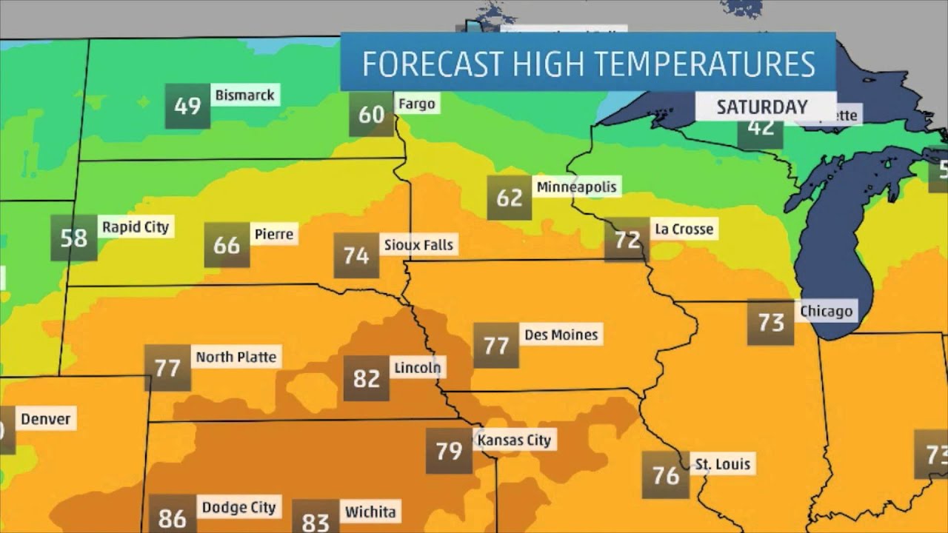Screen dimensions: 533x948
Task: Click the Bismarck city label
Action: pyautogui.click(x=244, y=95)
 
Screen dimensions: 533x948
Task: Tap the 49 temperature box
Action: pyautogui.click(x=187, y=107)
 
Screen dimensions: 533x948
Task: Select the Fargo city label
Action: pyautogui.click(x=416, y=104)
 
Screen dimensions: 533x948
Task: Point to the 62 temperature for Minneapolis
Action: pyautogui.click(x=510, y=198)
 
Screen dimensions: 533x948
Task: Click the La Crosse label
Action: pyautogui.click(x=684, y=229)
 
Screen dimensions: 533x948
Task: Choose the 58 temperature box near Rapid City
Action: pyautogui.click(x=74, y=238)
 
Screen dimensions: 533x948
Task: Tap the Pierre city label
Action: pyautogui.click(x=274, y=235)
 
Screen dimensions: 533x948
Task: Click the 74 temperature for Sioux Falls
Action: pyautogui.click(x=356, y=255)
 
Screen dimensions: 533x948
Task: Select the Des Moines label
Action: pyautogui.click(x=561, y=335)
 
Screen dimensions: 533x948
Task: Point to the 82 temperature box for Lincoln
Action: pyautogui.click(x=367, y=378)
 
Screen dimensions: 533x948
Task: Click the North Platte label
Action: pyautogui.click(x=236, y=357)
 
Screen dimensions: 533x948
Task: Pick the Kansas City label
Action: pyautogui.click(x=515, y=440)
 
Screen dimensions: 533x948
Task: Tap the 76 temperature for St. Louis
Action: pyautogui.click(x=666, y=475)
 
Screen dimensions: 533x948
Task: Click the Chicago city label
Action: pyautogui.click(x=826, y=311)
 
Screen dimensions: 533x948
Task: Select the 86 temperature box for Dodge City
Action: pyautogui.click(x=172, y=517)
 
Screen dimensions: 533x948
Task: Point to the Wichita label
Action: pyautogui.click(x=370, y=512)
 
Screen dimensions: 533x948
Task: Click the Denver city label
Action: pyautogui.click(x=45, y=419)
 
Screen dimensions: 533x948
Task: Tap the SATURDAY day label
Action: pyautogui.click(x=761, y=107)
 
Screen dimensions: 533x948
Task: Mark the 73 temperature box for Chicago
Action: pyautogui.click(x=771, y=323)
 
